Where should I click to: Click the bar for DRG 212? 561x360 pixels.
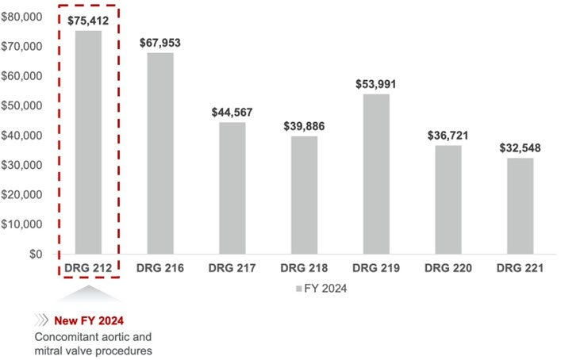88,143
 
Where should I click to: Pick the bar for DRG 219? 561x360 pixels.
376,174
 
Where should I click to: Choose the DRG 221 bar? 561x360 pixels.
521,206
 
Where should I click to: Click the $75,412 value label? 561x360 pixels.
88,21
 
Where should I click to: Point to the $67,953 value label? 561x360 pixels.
160,43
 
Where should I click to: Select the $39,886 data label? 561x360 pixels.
305,126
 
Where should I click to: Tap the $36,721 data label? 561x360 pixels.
448,136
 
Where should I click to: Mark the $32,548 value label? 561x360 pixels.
521,148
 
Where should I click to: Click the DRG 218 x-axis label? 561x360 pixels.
305,270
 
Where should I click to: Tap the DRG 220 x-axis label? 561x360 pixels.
448,270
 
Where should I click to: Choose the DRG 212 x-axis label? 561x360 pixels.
88,270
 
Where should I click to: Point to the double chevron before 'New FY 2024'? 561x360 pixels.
41,321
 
